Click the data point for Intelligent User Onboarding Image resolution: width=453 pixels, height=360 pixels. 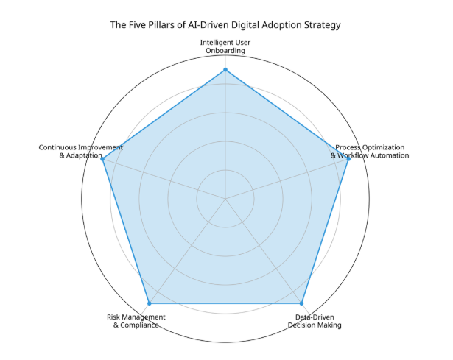[225, 70]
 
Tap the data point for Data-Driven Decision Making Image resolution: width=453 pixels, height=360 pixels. [301, 303]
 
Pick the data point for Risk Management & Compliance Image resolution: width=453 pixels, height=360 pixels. [150, 303]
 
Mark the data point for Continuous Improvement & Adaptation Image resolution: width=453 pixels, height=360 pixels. [103, 159]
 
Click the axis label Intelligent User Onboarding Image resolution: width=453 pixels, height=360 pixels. [225, 46]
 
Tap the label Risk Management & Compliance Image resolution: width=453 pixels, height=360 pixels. [136, 321]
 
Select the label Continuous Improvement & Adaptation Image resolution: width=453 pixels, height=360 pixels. [80, 152]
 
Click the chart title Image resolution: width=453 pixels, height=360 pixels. [225, 25]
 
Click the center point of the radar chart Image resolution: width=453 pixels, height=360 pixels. [225, 198]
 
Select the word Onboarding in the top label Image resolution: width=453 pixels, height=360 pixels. [225, 51]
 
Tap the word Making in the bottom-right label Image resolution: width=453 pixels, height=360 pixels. [329, 325]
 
